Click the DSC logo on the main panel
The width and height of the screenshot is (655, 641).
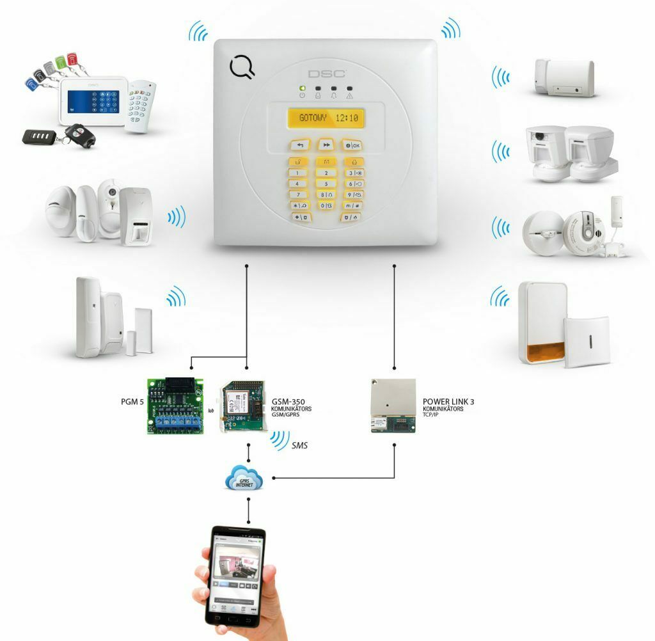(x=327, y=74)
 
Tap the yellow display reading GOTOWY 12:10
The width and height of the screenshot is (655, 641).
(x=327, y=118)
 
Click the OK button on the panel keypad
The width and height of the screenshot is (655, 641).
(x=352, y=145)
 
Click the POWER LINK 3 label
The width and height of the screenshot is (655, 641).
(x=448, y=402)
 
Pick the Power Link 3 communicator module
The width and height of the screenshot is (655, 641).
(x=393, y=406)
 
